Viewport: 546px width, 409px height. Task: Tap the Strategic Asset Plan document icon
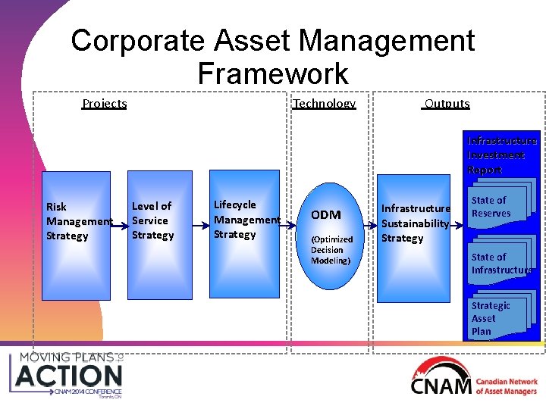tap(496, 318)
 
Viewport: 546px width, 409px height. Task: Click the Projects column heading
tap(104, 103)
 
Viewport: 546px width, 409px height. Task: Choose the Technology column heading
tap(324, 103)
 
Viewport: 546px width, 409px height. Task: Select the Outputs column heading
tap(447, 103)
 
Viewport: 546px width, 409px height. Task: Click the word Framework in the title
tap(272, 73)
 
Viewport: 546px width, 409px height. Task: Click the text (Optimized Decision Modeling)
tap(331, 250)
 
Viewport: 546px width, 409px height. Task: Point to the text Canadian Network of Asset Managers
tap(507, 386)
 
